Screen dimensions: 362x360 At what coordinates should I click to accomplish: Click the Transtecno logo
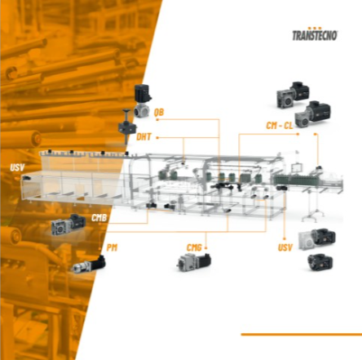click(315, 34)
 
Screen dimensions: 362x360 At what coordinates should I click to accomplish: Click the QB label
click(159, 112)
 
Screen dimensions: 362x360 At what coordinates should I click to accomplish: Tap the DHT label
click(143, 136)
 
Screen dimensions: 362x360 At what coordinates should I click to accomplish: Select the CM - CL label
click(280, 126)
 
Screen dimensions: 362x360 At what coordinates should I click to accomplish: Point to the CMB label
click(99, 218)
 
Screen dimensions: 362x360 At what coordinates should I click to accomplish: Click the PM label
click(112, 247)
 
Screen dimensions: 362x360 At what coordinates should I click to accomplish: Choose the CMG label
click(194, 247)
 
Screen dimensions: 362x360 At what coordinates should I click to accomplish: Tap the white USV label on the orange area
click(17, 167)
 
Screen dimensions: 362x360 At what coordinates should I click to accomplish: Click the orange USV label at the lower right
click(285, 247)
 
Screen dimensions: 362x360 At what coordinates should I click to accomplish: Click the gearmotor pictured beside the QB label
click(143, 100)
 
